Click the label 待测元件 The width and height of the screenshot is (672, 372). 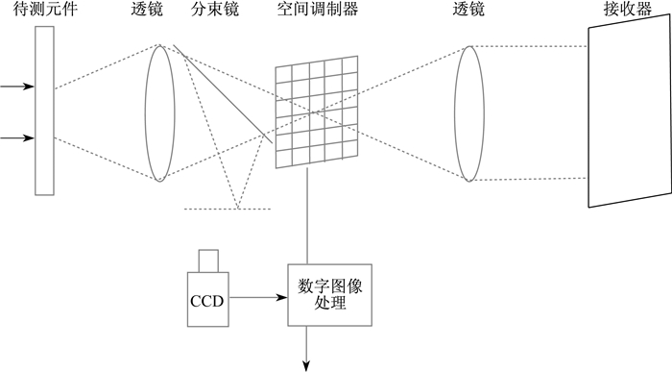pos(45,9)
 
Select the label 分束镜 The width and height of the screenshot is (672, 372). pos(215,9)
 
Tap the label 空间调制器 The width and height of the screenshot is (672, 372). pos(318,9)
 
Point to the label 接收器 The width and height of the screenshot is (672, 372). pos(628,9)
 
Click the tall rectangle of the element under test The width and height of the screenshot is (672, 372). pos(44,111)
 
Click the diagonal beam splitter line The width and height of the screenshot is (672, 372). pos(223,93)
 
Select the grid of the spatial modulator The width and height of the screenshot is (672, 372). pos(317,112)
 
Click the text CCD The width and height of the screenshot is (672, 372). pos(207,301)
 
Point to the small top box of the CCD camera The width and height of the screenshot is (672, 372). pos(208,260)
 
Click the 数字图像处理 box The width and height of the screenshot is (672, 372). pos(329,295)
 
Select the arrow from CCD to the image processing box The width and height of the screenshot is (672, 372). pos(258,297)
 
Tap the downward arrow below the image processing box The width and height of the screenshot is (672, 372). pos(306,348)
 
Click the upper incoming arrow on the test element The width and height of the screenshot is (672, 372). pos(17,87)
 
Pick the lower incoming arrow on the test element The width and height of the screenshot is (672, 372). pos(17,137)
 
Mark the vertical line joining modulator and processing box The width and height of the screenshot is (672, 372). pos(307,216)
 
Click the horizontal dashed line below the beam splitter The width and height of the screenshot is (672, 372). pos(228,209)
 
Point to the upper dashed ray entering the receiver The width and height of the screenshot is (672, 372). pos(528,46)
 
